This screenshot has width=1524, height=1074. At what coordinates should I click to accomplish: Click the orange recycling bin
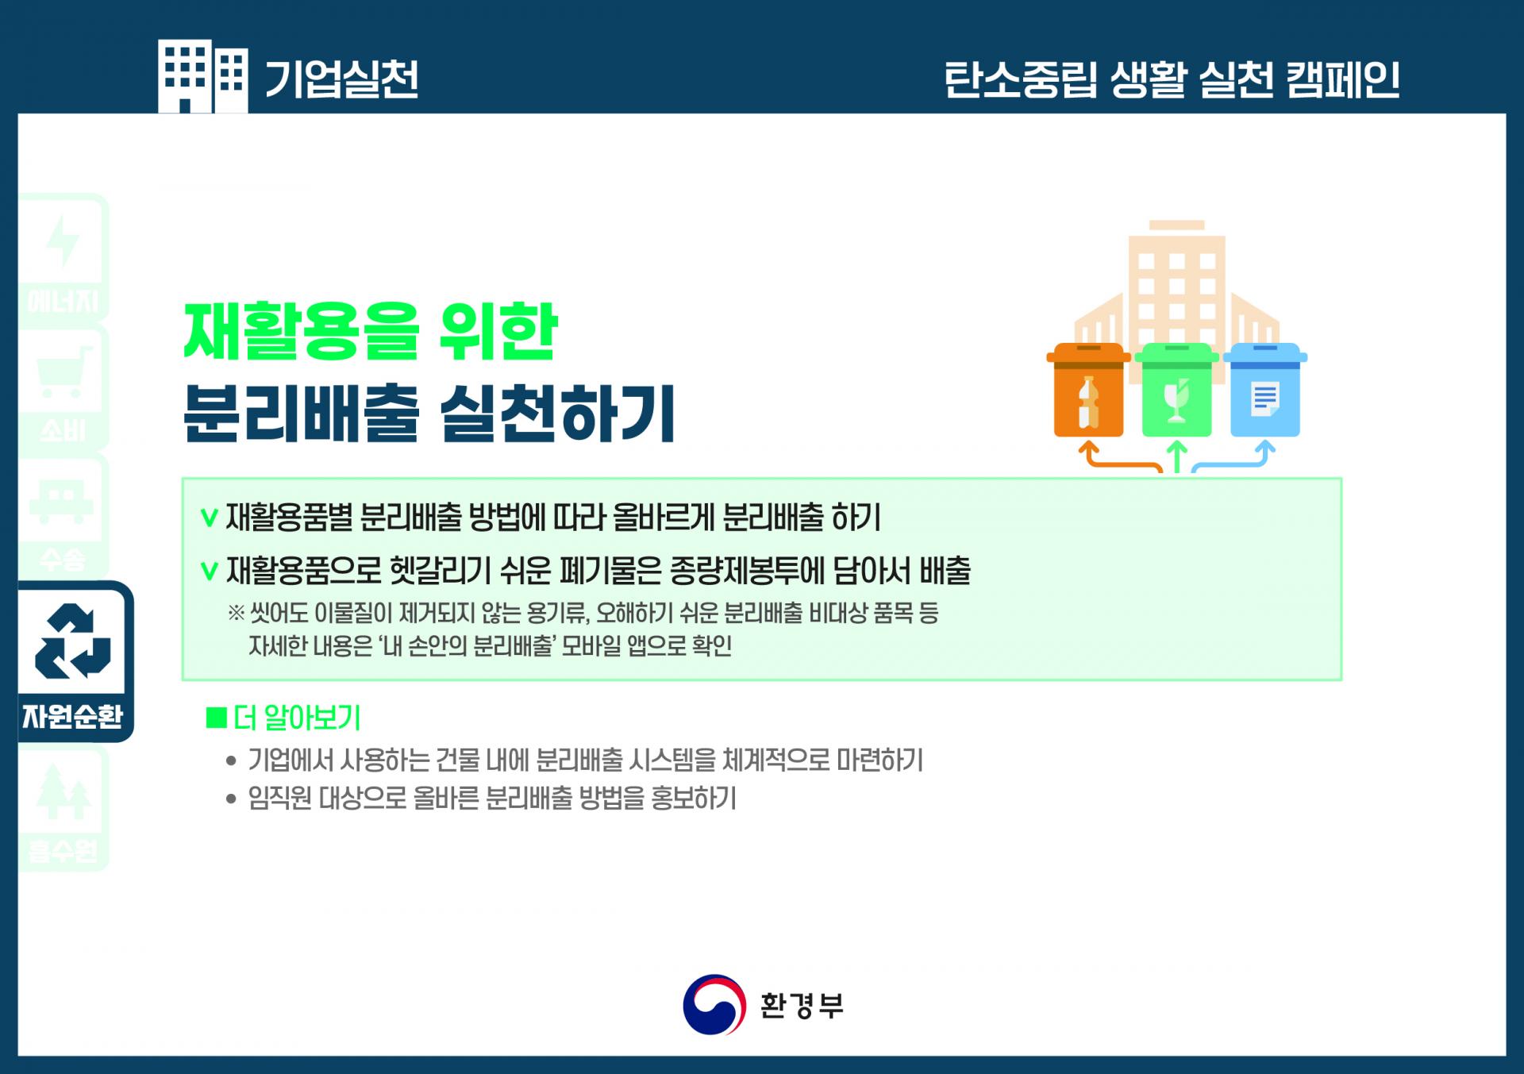point(1088,390)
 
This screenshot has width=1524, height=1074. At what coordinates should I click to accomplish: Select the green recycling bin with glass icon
point(1176,390)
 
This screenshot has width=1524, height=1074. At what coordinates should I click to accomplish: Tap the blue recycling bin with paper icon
point(1264,390)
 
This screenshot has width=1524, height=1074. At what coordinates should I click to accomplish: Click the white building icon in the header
point(202,76)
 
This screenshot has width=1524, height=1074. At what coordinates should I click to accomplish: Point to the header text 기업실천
point(341,79)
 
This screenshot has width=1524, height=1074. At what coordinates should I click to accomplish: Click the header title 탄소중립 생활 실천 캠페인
point(1172,79)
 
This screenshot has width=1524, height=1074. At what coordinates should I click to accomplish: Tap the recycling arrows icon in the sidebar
point(73,641)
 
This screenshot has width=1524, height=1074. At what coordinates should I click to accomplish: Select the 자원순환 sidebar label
point(73,717)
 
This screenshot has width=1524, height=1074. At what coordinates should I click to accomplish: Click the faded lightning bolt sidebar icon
point(63,241)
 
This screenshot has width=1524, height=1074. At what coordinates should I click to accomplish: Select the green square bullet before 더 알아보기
point(216,718)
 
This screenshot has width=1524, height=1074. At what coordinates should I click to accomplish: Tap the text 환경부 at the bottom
point(802,1006)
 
